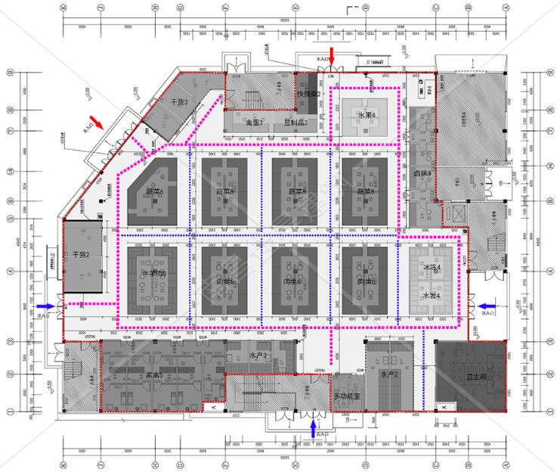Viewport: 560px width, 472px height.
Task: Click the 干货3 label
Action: [179, 101]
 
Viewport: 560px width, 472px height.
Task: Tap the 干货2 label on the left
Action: [82, 255]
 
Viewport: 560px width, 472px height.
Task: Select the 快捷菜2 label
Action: [309, 94]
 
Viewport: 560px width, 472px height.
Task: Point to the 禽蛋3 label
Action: [254, 122]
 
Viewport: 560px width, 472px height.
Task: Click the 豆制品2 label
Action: [295, 122]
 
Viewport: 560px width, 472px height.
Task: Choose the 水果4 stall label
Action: [367, 115]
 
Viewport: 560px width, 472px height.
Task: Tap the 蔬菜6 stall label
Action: [155, 191]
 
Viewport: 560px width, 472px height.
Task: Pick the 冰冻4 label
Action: [432, 268]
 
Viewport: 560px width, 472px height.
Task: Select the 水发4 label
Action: [432, 296]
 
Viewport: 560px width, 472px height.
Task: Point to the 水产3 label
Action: [258, 355]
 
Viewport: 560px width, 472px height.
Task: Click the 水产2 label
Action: [389, 374]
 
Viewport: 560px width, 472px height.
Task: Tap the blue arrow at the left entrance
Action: [48, 306]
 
